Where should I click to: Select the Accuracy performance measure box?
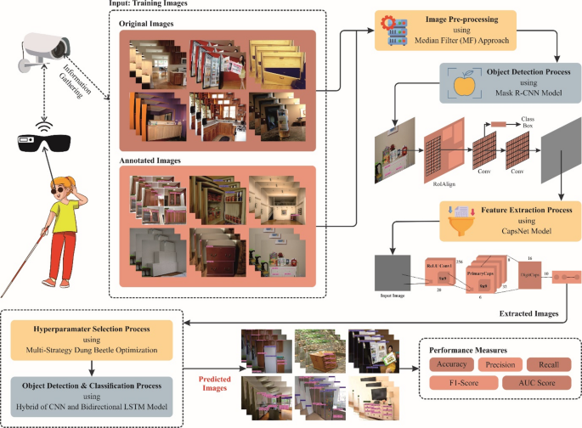coord(448,365)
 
